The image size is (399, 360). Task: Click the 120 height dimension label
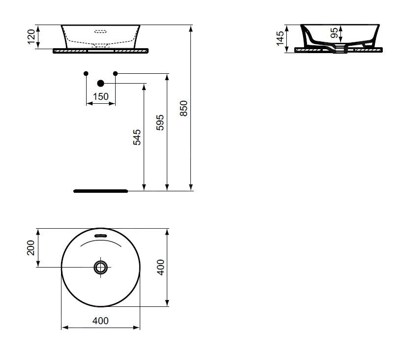point(31,37)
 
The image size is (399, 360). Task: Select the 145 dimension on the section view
point(280,38)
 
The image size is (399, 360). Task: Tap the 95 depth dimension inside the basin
point(335,33)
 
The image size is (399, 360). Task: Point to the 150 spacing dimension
point(100,96)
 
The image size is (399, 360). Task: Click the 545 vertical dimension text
point(137,137)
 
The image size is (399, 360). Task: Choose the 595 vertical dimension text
point(160,122)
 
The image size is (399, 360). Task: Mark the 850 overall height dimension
point(184,108)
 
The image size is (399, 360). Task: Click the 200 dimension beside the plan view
point(31,248)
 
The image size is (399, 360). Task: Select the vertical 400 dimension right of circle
point(160,267)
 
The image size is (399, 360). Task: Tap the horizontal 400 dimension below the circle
point(100,321)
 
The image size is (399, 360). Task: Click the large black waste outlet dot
point(101,84)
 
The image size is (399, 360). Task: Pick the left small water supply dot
point(86,74)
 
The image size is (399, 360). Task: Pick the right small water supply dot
point(116,74)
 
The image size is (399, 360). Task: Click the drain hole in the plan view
point(101,267)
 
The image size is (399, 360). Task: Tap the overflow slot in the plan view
point(100,236)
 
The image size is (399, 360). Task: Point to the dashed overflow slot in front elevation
point(100,32)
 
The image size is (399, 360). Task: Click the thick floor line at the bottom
point(100,191)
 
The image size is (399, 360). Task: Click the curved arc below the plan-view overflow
point(100,241)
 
